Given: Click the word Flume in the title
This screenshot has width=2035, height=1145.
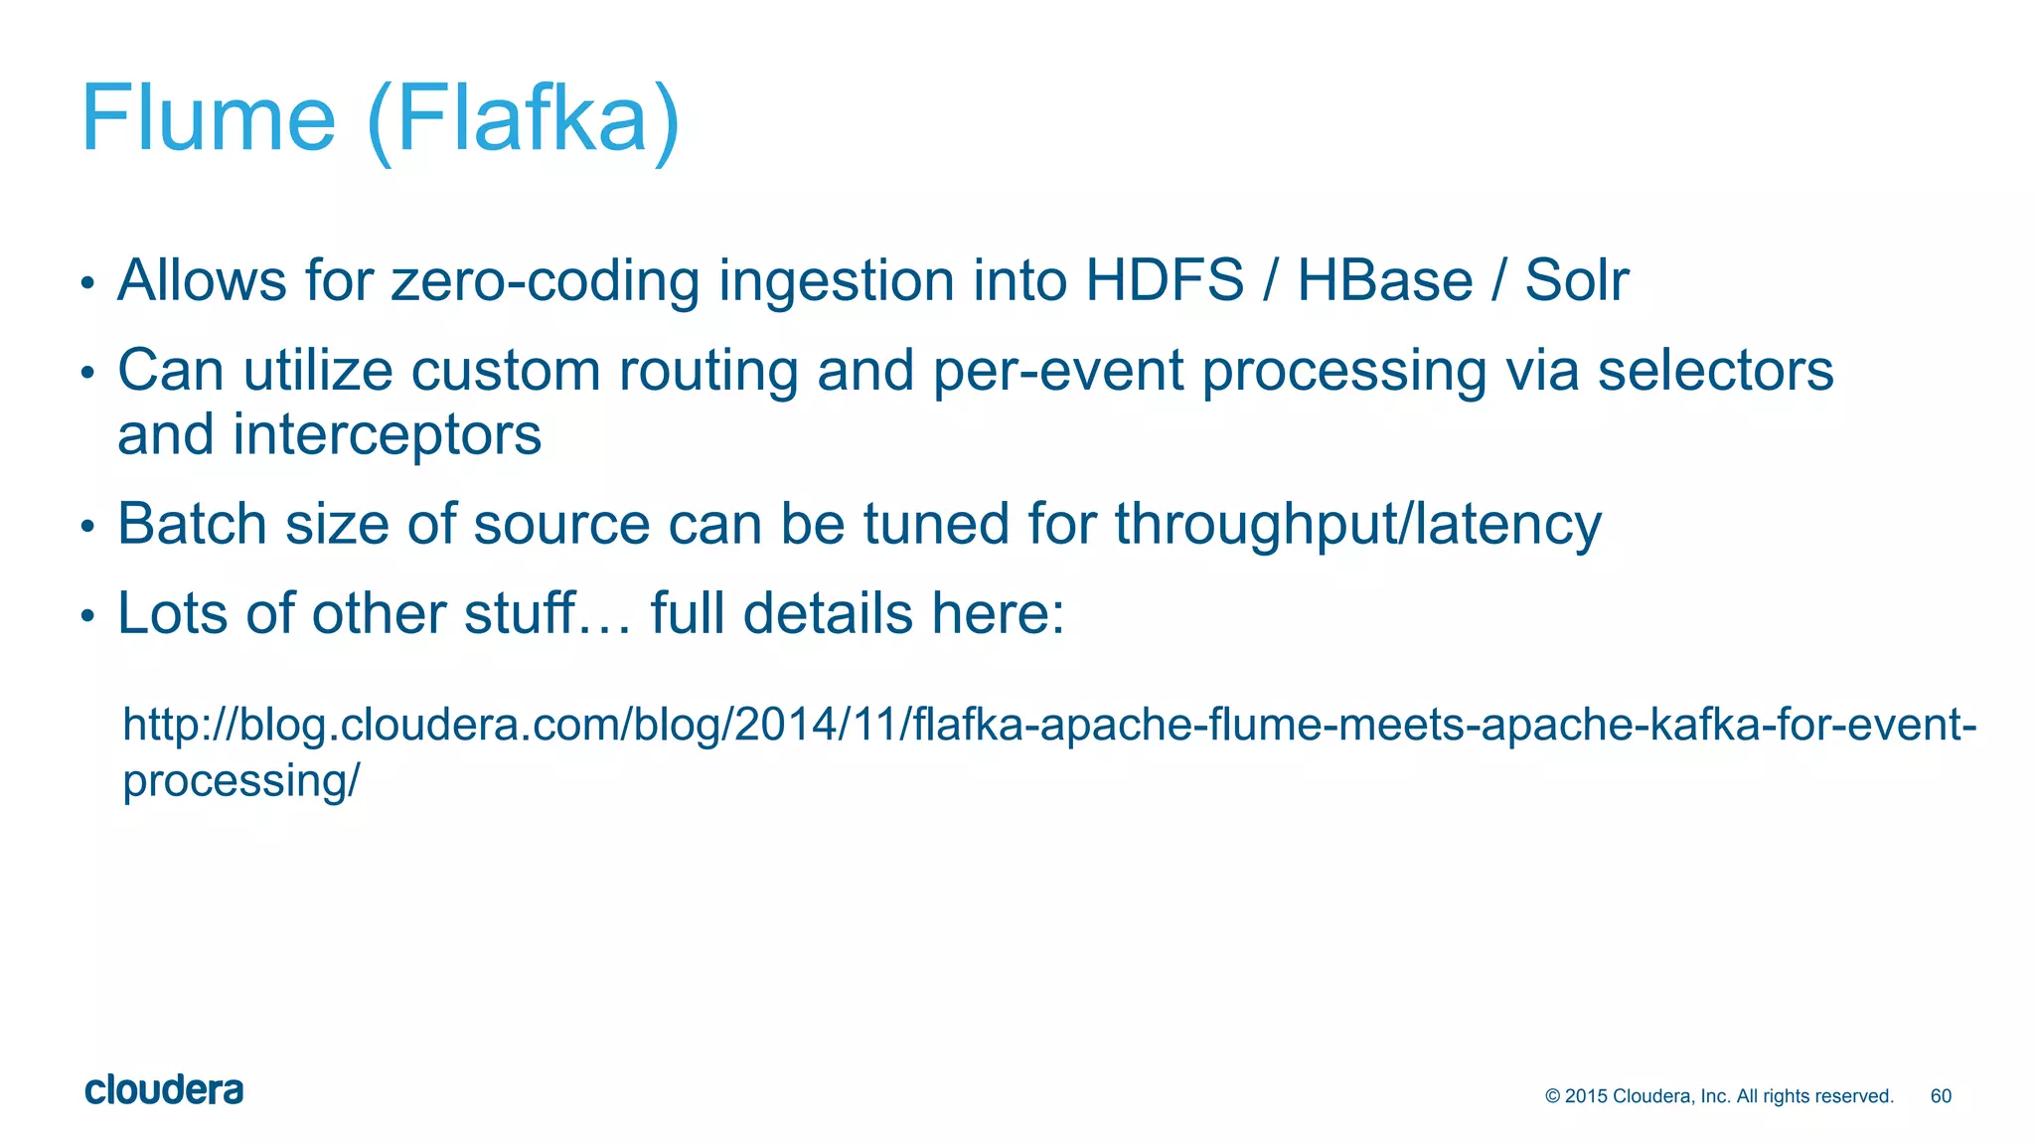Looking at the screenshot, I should [209, 119].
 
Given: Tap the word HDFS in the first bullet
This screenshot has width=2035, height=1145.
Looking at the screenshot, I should [1164, 280].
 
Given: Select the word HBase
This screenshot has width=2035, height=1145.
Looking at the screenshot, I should [1384, 280].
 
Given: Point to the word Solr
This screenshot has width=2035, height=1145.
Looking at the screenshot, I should [1577, 280].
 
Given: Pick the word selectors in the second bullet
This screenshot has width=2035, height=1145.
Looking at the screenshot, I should [1715, 371].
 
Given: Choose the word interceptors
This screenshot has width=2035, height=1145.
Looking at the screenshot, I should [387, 435].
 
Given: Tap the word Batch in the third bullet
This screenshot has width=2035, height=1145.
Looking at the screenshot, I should [192, 524].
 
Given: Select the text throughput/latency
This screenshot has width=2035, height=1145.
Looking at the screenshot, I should [1357, 525].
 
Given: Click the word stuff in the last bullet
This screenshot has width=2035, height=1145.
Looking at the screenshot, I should [520, 613].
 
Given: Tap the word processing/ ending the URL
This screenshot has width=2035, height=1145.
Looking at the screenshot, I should [240, 781].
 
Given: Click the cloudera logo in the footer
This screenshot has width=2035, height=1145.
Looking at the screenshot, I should [164, 1090].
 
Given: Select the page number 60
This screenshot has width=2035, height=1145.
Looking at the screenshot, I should [1941, 1096].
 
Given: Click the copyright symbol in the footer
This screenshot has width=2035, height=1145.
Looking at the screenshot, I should [1552, 1096].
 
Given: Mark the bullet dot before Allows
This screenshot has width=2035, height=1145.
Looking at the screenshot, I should [87, 285].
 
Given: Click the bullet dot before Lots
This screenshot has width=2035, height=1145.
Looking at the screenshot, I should [87, 617].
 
